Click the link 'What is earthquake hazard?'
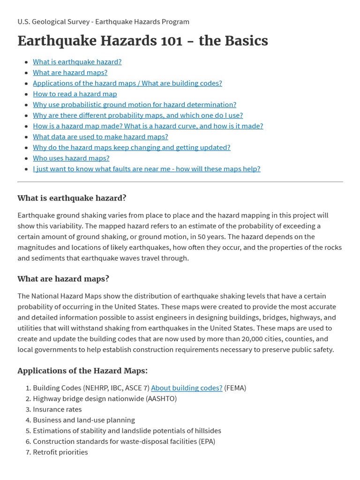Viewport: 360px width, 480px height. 77,61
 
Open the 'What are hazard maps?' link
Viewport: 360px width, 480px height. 70,72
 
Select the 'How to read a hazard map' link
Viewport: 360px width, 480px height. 75,94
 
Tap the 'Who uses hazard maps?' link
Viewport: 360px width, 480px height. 71,158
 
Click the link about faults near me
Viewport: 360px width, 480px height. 146,169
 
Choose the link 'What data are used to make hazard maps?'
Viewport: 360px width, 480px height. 100,136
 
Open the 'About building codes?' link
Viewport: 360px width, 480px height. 187,388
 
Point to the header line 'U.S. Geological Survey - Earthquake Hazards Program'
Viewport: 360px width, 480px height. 103,22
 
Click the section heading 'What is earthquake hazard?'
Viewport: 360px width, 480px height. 72,198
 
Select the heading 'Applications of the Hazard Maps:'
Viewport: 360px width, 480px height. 82,371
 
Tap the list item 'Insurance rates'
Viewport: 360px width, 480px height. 57,409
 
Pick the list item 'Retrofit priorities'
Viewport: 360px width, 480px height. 60,452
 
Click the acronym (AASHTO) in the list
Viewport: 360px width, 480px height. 161,398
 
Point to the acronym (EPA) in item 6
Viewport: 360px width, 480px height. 207,441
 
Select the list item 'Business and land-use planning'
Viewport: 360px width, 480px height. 83,420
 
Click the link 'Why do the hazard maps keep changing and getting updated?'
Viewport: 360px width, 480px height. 131,147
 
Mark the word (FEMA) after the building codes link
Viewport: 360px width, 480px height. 235,388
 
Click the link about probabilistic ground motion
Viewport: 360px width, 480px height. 135,105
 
